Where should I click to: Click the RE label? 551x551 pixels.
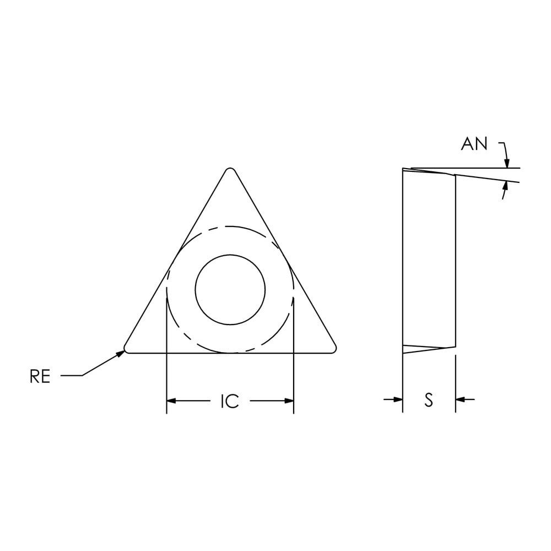click(40, 376)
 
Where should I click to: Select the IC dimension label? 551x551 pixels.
click(230, 401)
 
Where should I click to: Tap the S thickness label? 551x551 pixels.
click(429, 400)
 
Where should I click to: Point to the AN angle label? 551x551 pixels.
click(474, 144)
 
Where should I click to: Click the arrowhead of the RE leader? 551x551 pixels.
click(121, 353)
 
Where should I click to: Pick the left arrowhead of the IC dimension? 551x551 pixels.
click(171, 401)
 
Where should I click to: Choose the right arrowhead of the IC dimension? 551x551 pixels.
click(289, 401)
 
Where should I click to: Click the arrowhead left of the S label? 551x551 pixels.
click(398, 399)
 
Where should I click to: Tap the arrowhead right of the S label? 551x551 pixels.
click(460, 399)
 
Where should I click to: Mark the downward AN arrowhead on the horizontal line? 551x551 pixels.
click(506, 164)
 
